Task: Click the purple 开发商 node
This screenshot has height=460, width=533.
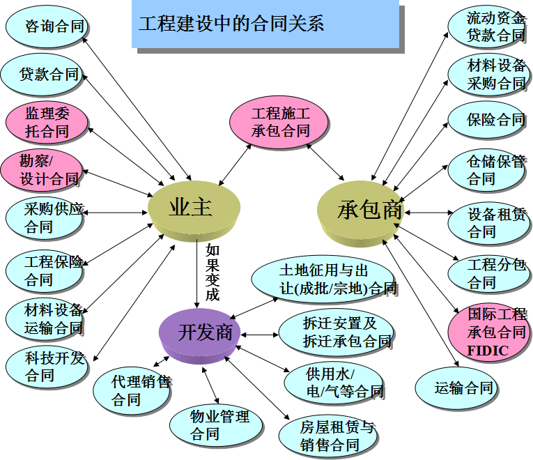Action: pyautogui.click(x=199, y=332)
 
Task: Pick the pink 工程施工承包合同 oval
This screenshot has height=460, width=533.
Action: pyautogui.click(x=280, y=121)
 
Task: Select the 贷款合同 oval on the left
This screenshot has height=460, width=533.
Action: pyautogui.click(x=43, y=74)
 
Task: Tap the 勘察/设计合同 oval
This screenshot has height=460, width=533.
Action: pyautogui.click(x=42, y=170)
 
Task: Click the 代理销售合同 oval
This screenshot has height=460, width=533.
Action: pyautogui.click(x=132, y=391)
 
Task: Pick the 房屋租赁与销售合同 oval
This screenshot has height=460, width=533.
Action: pyautogui.click(x=328, y=436)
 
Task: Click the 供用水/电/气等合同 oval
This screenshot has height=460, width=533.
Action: pyautogui.click(x=335, y=383)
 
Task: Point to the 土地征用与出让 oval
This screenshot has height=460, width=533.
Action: pyautogui.click(x=323, y=279)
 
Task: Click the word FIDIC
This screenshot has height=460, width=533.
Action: pyautogui.click(x=488, y=351)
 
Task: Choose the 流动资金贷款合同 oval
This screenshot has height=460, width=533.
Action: pyautogui.click(x=490, y=26)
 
